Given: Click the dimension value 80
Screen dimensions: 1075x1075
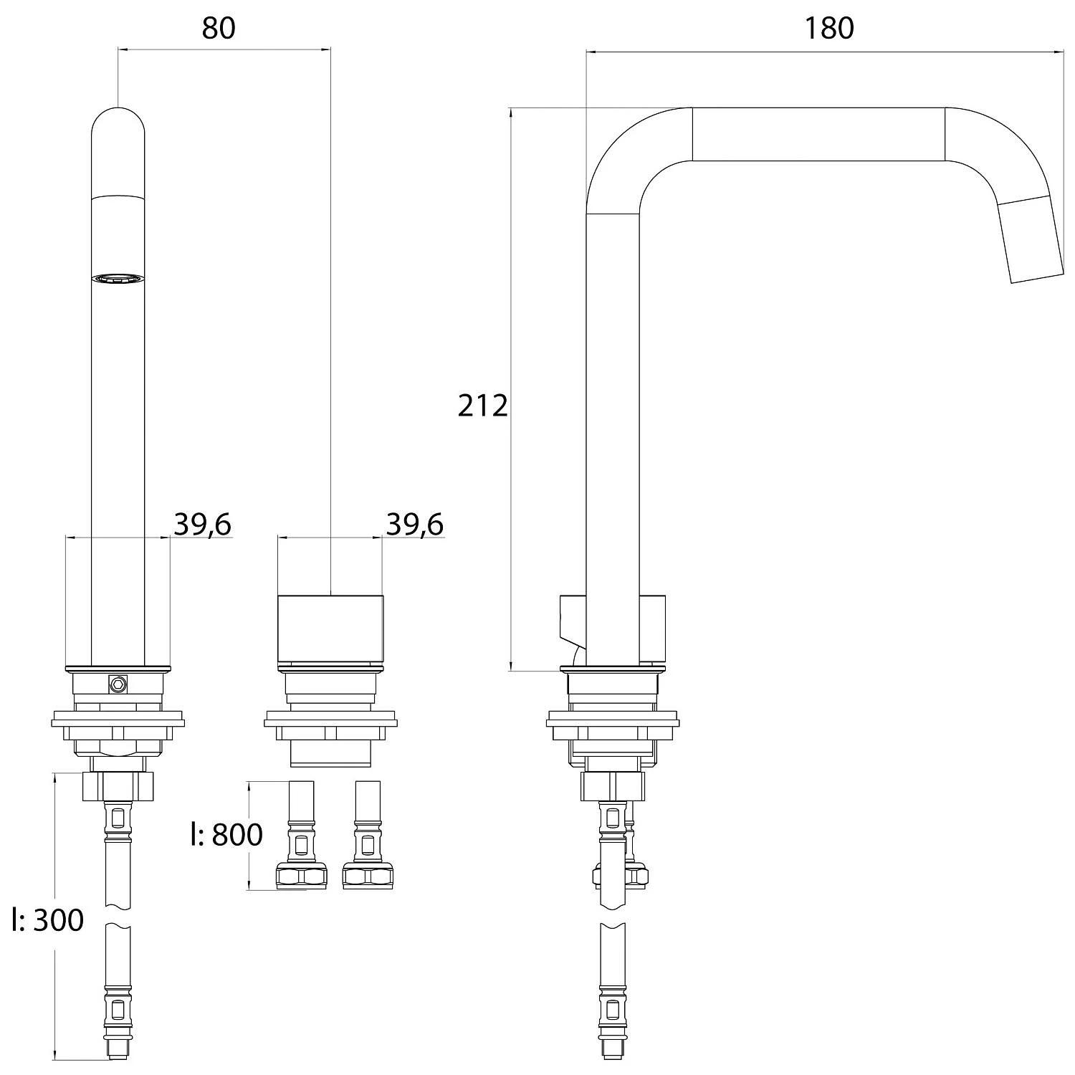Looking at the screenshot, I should point(219,28).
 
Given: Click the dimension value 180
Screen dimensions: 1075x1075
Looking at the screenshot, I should point(828,28).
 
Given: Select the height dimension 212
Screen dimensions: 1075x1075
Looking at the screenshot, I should point(482,406).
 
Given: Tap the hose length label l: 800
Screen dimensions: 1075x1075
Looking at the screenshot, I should point(226,834).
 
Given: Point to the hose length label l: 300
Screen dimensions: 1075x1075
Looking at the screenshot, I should point(48,920).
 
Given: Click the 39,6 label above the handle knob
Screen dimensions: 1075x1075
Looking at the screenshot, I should point(415,525).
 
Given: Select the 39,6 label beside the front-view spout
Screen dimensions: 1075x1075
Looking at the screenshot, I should point(203,525).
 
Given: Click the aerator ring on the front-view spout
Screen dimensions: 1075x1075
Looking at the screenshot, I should point(118,279).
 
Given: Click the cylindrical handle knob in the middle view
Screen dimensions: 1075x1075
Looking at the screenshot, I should point(330,629).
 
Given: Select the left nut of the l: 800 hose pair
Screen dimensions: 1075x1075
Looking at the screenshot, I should point(301,876).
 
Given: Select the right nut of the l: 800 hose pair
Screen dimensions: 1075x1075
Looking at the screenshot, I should point(368,876).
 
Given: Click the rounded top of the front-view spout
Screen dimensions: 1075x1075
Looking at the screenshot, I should point(118,125).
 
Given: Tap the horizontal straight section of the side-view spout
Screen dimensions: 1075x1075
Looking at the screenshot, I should point(818,134).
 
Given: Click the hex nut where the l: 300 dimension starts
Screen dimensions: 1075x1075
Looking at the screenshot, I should point(118,786).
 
